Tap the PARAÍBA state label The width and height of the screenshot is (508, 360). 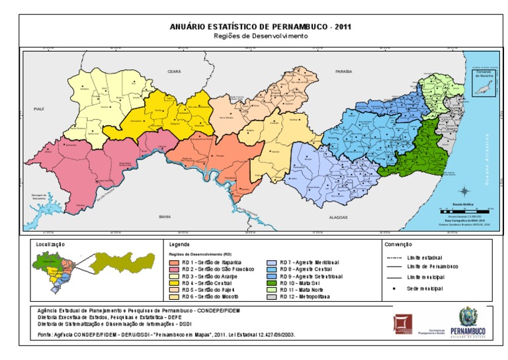(x=343, y=69)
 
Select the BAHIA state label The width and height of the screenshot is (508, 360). (x=165, y=216)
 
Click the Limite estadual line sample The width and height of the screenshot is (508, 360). (x=395, y=257)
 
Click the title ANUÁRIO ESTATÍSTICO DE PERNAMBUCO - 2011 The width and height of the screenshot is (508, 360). (x=261, y=27)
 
